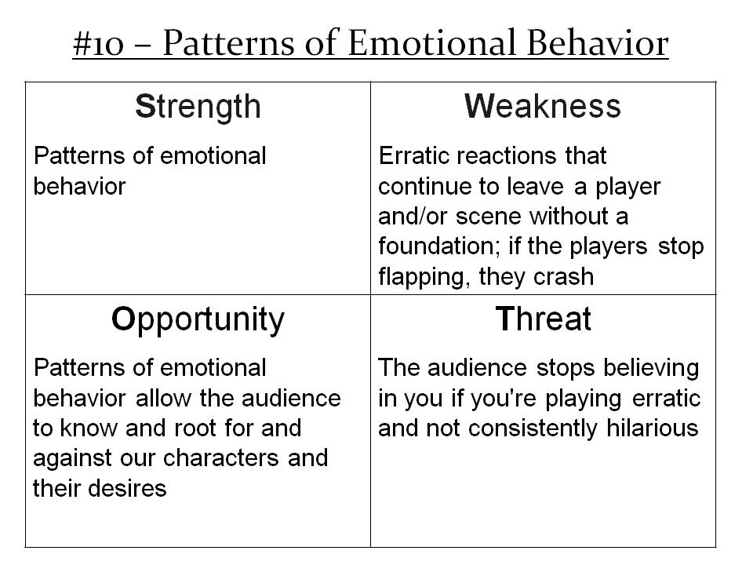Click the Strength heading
pyautogui.click(x=197, y=106)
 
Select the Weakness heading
pyautogui.click(x=543, y=106)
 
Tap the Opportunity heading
pyautogui.click(x=197, y=319)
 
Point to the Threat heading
pyautogui.click(x=543, y=319)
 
